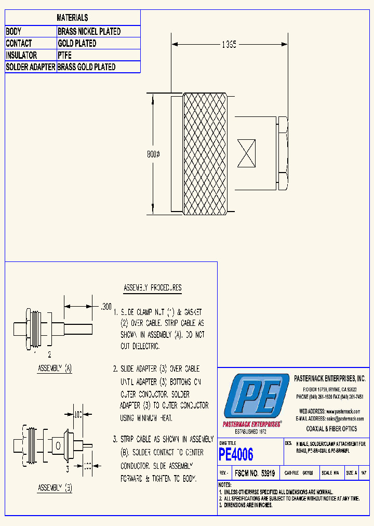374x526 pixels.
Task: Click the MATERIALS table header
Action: click(72, 18)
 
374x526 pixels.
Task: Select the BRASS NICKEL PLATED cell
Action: click(89, 32)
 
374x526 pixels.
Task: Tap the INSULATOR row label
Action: click(21, 55)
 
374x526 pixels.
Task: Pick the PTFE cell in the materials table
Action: click(65, 55)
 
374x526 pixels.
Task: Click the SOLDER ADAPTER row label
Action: click(31, 67)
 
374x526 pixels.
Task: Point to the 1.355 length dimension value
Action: click(229, 45)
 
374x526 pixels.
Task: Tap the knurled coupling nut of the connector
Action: click(205, 154)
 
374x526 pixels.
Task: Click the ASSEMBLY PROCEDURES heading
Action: click(152, 287)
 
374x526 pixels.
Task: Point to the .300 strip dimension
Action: click(105, 308)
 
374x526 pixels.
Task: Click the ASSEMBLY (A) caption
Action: click(55, 369)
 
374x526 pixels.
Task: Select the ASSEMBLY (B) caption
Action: click(55, 488)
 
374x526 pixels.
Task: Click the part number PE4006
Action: click(236, 455)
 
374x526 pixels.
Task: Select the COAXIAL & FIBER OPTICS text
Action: click(331, 429)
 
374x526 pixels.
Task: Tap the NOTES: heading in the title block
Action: click(227, 484)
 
